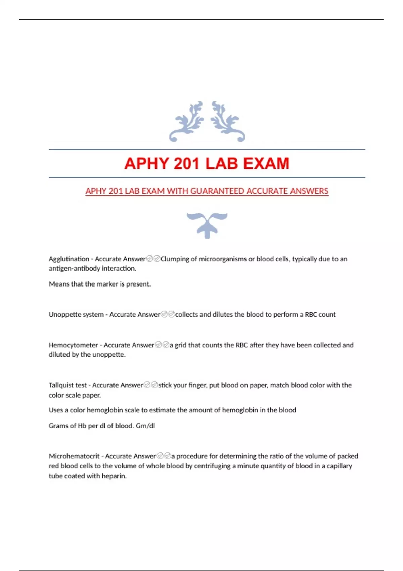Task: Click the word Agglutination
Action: point(69,259)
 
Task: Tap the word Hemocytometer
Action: point(73,345)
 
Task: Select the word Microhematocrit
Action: point(74,456)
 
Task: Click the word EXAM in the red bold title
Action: point(266,164)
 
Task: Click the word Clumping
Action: point(175,259)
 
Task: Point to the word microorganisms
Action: point(223,259)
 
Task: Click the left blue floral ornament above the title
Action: point(187,122)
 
